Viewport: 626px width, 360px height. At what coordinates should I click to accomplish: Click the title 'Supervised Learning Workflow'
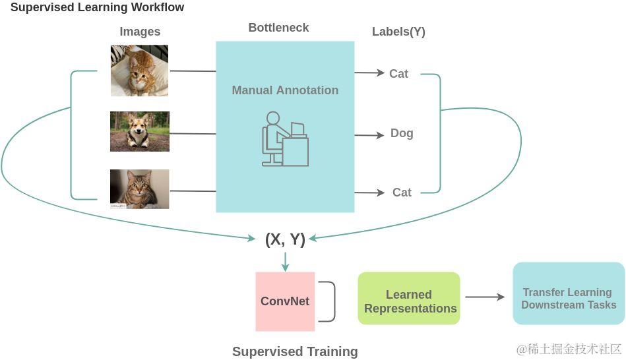[x=97, y=8]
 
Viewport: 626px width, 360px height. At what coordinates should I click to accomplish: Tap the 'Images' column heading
[x=140, y=32]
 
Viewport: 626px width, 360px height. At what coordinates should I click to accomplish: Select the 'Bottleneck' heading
[x=278, y=28]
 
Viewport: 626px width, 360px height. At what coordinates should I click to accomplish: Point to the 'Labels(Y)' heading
[x=398, y=32]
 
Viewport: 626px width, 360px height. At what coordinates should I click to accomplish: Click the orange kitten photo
[x=139, y=71]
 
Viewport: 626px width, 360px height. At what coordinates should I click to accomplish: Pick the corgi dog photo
[x=139, y=131]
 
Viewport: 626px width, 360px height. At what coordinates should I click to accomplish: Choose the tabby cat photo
[x=139, y=189]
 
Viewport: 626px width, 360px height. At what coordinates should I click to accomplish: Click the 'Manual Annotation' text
[x=285, y=90]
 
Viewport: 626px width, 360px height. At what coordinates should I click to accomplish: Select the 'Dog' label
[x=402, y=133]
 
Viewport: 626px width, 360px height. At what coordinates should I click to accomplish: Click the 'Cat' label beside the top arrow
[x=398, y=74]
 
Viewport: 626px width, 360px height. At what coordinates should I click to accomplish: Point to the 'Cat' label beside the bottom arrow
[x=402, y=193]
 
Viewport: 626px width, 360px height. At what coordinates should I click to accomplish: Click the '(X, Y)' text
[x=285, y=239]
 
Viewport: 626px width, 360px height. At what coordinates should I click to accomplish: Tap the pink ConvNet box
[x=285, y=301]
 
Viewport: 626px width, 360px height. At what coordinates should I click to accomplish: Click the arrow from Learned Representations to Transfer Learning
[x=485, y=297]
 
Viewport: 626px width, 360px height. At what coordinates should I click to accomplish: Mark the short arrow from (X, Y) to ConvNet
[x=285, y=262]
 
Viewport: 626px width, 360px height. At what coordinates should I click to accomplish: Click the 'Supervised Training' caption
[x=295, y=351]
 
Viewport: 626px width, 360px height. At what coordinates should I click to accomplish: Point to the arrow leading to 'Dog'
[x=369, y=135]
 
